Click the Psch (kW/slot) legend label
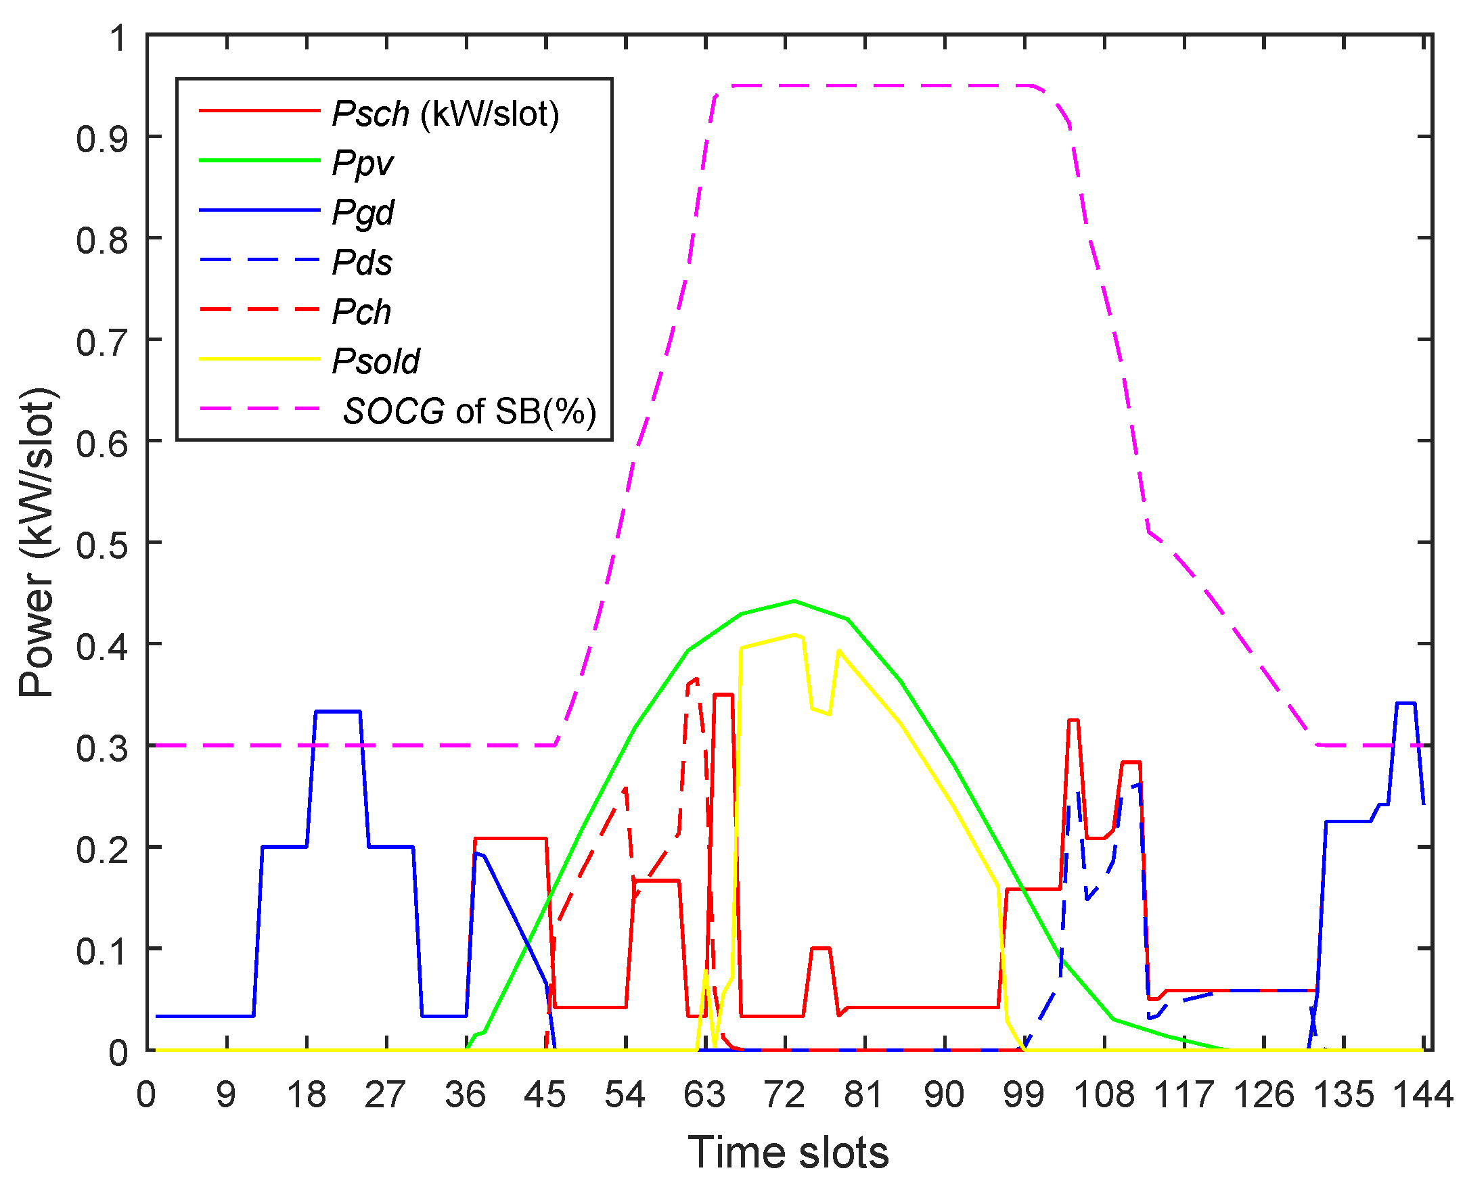point(446,113)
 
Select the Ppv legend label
point(363,162)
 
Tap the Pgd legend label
point(363,212)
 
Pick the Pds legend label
point(362,262)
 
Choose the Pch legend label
point(361,312)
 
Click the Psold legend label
point(376,361)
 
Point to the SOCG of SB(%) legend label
point(470,411)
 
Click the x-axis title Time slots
point(788,1153)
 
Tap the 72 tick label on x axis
point(784,1095)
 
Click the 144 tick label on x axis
point(1423,1095)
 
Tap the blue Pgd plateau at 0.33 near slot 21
point(338,712)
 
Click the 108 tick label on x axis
point(1104,1095)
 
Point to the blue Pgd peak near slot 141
point(1406,703)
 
